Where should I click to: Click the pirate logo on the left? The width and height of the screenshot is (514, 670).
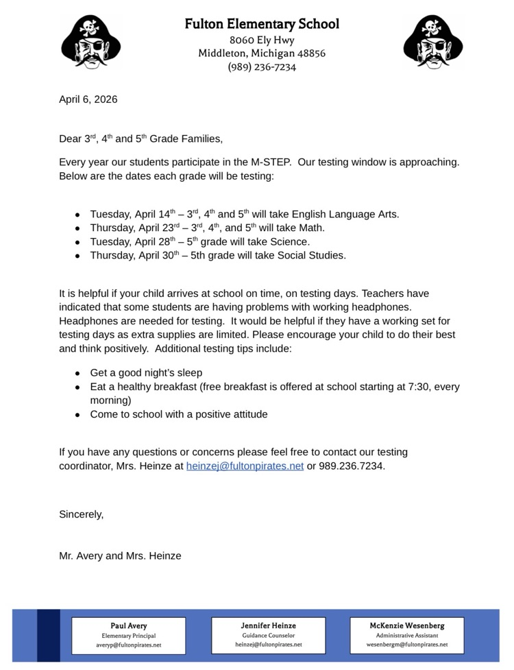click(x=90, y=43)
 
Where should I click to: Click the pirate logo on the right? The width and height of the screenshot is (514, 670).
click(x=433, y=43)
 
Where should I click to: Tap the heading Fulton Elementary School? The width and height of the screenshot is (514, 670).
click(x=262, y=24)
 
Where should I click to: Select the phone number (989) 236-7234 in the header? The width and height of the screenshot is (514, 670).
click(x=262, y=67)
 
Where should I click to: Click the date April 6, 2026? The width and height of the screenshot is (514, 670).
click(x=88, y=99)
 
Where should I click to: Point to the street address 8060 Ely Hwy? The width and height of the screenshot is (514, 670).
click(x=262, y=40)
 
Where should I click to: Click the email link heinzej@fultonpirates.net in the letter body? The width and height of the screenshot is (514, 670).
click(x=245, y=466)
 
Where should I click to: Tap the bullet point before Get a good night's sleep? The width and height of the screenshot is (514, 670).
click(x=78, y=374)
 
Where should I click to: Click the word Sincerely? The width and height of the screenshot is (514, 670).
click(x=81, y=514)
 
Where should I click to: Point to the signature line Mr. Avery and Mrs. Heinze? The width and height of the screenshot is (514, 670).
click(x=120, y=556)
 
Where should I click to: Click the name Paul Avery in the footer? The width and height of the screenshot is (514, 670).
click(x=129, y=625)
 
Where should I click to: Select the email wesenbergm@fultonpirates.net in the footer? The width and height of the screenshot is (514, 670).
click(x=407, y=645)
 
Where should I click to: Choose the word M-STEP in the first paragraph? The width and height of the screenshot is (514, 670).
click(x=269, y=163)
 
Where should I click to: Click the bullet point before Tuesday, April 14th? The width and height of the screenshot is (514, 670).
click(x=78, y=215)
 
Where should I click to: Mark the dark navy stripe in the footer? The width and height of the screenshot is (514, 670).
click(x=48, y=635)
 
